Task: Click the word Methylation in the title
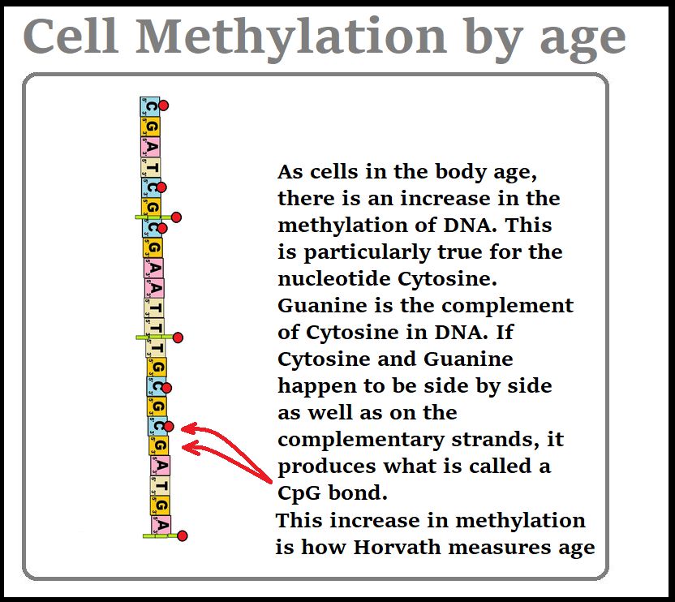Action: [x=291, y=38]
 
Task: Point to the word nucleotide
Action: [x=334, y=278]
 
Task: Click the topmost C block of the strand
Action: [x=150, y=106]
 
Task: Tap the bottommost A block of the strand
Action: [x=161, y=525]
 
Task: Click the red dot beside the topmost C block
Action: [x=163, y=105]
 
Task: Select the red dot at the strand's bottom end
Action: [x=182, y=535]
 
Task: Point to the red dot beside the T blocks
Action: [x=178, y=338]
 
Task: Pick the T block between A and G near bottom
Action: [x=161, y=486]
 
